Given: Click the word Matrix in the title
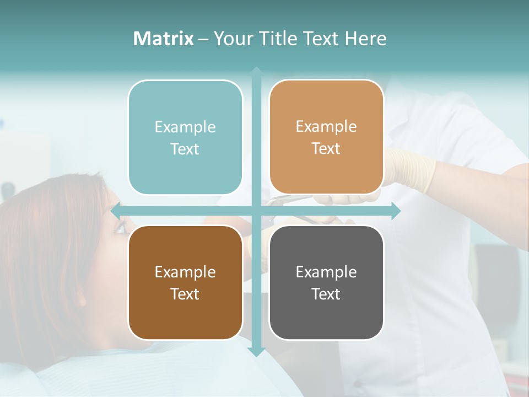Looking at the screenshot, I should click(164, 39).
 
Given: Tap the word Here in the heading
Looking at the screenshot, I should click(366, 39).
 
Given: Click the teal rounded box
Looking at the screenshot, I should click(185, 137).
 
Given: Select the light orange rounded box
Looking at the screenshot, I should click(326, 137).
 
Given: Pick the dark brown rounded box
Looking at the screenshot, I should click(185, 282).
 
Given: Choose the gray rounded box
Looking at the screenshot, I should click(326, 282).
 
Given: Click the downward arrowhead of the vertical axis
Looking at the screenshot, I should click(256, 351).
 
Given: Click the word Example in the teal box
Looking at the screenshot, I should click(185, 127).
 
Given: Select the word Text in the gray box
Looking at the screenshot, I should click(326, 294).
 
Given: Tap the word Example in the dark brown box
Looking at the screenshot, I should click(185, 272).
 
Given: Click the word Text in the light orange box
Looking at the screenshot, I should click(326, 149).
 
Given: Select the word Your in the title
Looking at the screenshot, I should click(231, 39).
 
